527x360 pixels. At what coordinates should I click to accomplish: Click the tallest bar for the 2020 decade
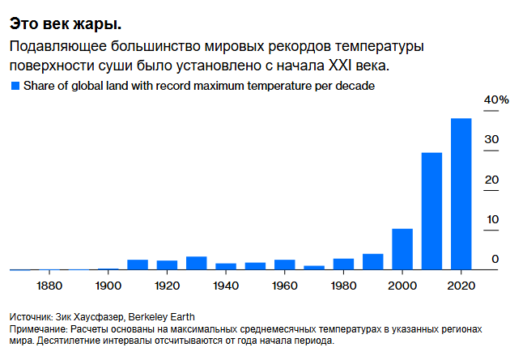(x=461, y=194)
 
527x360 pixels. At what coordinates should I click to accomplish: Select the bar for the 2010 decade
(x=431, y=211)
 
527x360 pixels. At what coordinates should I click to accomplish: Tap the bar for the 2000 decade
(x=402, y=249)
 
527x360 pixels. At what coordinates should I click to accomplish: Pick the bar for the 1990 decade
(x=372, y=261)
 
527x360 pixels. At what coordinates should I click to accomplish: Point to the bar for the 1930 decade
(x=197, y=263)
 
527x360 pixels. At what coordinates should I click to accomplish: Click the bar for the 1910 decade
(x=138, y=265)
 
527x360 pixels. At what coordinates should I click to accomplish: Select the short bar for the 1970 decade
(x=314, y=268)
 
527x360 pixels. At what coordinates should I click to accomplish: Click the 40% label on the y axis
(x=495, y=100)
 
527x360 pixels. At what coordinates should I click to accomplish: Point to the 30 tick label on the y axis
(x=491, y=140)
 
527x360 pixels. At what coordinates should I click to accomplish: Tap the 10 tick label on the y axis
(x=491, y=220)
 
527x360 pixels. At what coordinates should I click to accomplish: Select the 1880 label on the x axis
(x=50, y=286)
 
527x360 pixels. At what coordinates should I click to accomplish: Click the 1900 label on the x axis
(x=108, y=286)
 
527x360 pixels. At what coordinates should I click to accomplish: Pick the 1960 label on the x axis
(x=285, y=286)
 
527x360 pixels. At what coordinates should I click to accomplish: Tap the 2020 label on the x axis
(x=461, y=286)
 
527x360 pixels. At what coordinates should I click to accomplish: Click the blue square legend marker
(x=14, y=85)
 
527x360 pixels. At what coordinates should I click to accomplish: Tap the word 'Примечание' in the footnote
(x=38, y=330)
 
